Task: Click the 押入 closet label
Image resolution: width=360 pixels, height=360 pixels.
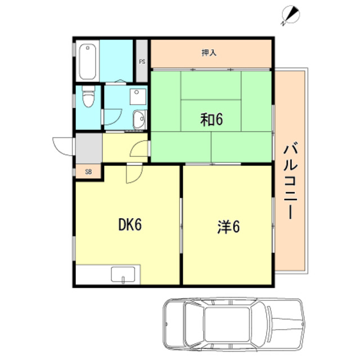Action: pos(209,53)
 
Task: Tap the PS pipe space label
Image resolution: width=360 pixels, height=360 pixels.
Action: pos(142,62)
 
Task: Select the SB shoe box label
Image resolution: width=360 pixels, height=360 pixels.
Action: pos(88,172)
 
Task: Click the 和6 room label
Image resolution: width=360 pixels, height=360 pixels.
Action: pos(211,119)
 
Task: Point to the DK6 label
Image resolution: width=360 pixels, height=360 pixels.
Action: pos(130,224)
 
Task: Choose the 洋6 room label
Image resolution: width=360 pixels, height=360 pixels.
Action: pos(228,227)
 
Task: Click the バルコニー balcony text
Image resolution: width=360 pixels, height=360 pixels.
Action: pos(291,181)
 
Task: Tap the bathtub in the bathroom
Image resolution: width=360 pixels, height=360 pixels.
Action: pos(88,61)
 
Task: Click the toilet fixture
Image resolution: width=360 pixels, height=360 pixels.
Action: pos(88,96)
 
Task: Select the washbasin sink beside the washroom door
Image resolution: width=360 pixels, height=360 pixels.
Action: pos(139,120)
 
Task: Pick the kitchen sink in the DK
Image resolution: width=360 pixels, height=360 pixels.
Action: pos(123,274)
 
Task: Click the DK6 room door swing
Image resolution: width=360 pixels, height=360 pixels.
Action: pos(134,174)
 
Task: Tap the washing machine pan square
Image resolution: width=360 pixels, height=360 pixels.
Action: pos(138,97)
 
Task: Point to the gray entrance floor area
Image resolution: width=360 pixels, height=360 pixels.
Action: pos(89,148)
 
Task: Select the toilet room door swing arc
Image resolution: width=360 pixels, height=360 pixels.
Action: pos(112,116)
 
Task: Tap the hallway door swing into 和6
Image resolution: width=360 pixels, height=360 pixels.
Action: pos(139,148)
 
